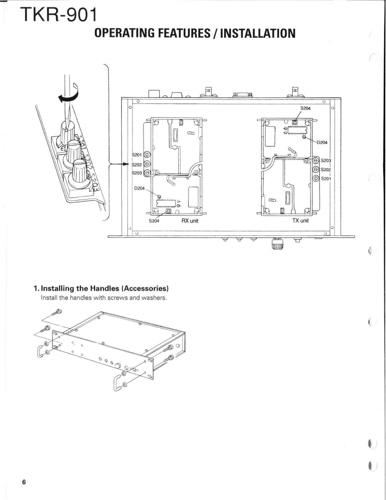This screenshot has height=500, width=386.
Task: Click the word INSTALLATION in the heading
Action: [x=258, y=33]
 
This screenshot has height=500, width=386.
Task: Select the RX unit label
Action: [x=190, y=221]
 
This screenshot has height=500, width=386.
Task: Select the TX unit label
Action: [x=300, y=221]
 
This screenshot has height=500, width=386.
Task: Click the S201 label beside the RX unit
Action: [x=136, y=155]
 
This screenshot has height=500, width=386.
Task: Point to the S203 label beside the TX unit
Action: [x=326, y=160]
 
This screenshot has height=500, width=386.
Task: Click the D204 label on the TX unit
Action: [x=322, y=142]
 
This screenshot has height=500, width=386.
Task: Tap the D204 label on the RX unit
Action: [x=140, y=188]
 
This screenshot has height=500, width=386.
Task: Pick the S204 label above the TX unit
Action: [x=306, y=108]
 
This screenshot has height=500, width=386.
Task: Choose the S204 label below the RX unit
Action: [x=154, y=221]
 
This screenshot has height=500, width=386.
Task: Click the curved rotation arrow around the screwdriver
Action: [x=69, y=94]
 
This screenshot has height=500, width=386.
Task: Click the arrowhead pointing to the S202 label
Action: [x=128, y=164]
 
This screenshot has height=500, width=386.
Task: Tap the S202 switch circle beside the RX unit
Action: [x=147, y=164]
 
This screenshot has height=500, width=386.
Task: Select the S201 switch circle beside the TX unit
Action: [x=316, y=178]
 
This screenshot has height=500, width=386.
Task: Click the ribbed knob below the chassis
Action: [x=277, y=245]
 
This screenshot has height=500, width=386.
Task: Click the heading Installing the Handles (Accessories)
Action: [x=101, y=289]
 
